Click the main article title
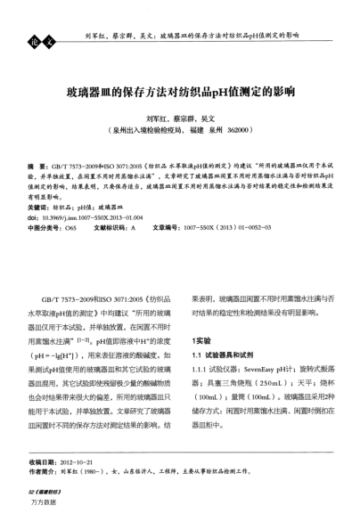(181, 90)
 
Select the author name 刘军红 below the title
(157, 117)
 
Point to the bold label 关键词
(39, 205)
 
